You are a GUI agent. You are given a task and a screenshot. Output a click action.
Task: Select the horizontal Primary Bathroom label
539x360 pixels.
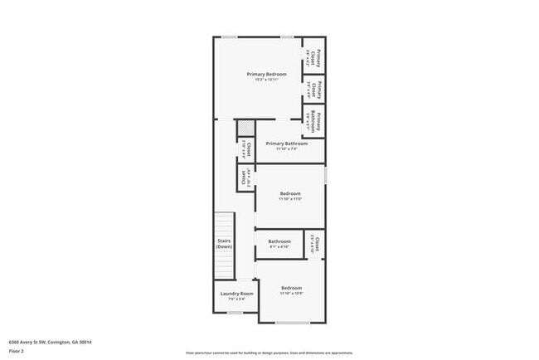287,144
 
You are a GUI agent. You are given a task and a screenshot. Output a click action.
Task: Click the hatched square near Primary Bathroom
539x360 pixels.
245,129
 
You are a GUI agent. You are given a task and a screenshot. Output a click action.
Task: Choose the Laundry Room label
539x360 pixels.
236,293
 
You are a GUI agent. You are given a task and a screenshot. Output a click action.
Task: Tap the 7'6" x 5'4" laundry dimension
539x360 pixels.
236,299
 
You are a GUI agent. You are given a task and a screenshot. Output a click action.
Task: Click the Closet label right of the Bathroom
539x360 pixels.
313,244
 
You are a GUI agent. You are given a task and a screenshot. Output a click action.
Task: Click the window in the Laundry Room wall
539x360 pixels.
235,313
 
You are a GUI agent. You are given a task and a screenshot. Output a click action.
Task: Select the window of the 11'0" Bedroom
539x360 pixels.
326,176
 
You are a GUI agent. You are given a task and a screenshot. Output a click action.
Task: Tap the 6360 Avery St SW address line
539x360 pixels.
49,342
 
